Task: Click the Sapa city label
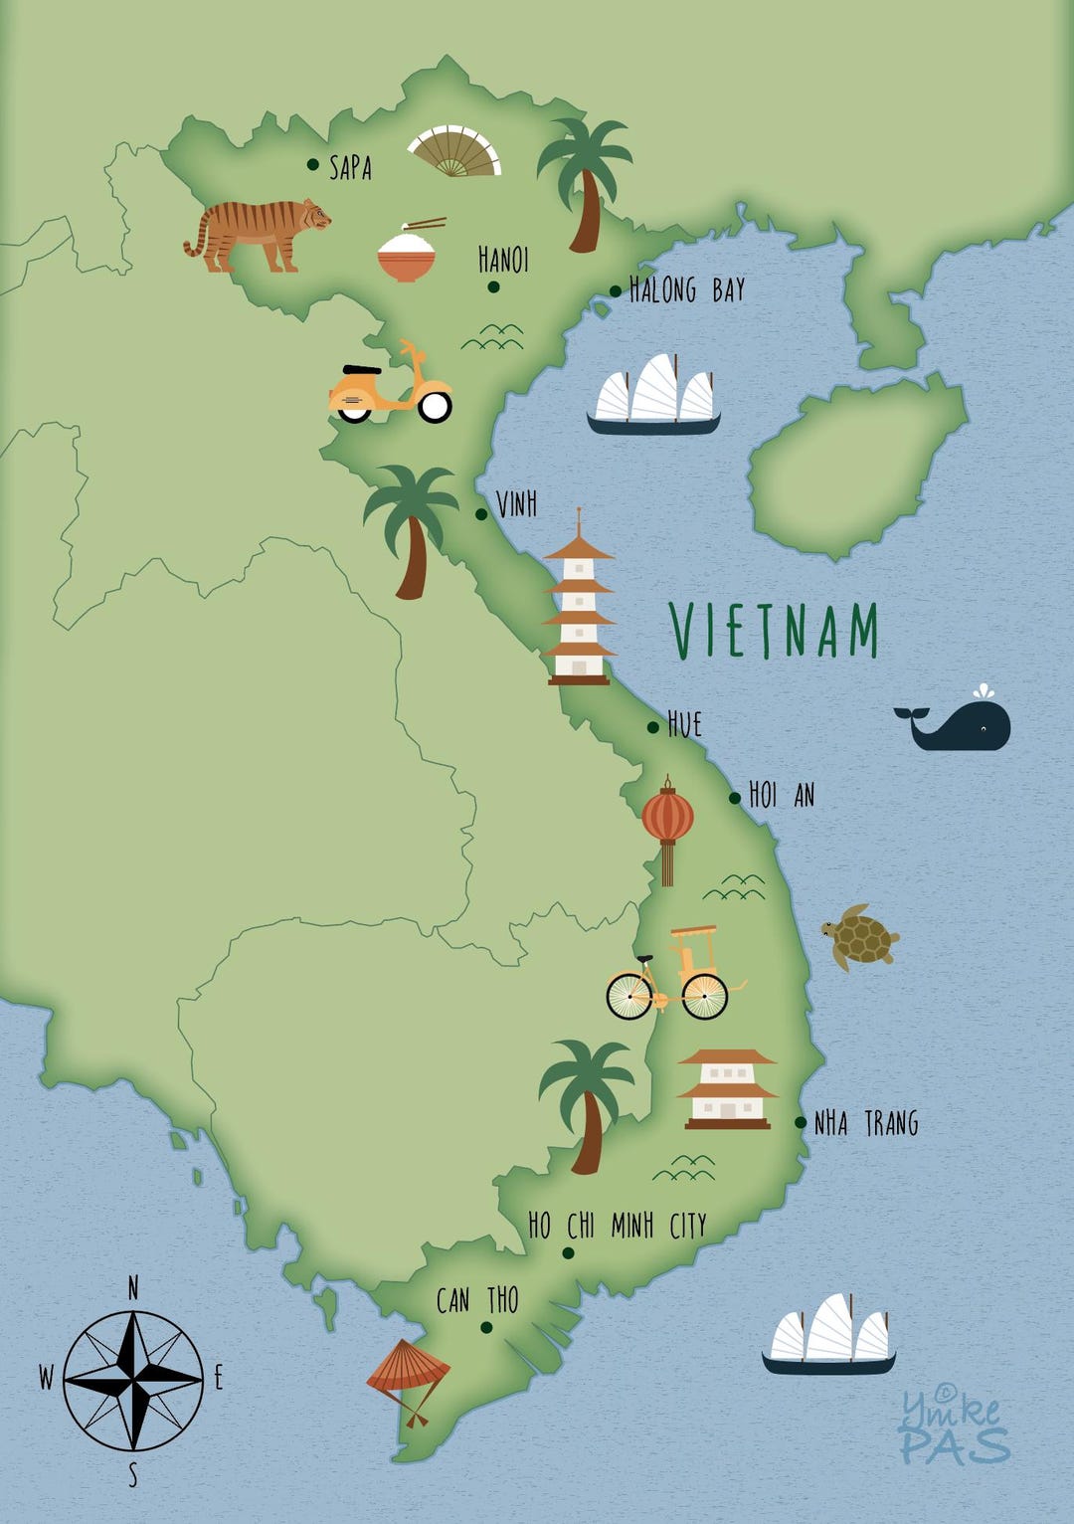click(x=350, y=167)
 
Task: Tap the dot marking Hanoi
click(x=493, y=287)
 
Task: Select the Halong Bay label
click(x=687, y=290)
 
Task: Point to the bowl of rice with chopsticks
click(x=407, y=253)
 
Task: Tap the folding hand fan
click(x=454, y=152)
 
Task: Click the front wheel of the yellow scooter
click(x=435, y=405)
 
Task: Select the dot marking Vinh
click(x=481, y=514)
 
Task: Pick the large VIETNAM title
click(x=775, y=631)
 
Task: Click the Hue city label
click(x=684, y=724)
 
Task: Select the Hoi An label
click(x=782, y=795)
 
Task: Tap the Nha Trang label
click(x=866, y=1124)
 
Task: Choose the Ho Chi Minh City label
click(x=617, y=1226)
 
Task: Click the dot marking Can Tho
click(x=486, y=1327)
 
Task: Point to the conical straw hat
click(x=407, y=1368)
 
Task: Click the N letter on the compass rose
click(x=133, y=1289)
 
